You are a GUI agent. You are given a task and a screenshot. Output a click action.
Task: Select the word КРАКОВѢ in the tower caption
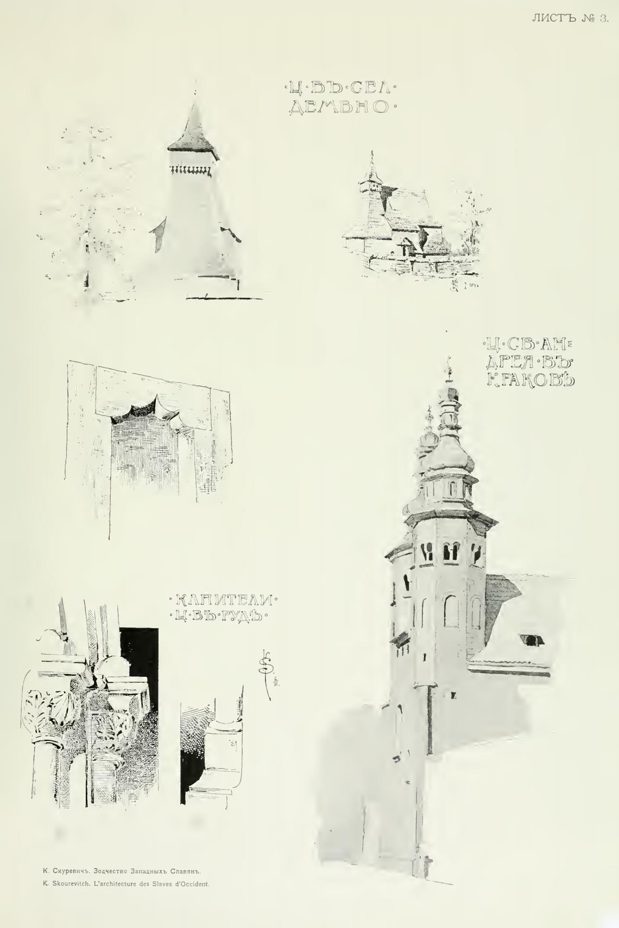pos(530,379)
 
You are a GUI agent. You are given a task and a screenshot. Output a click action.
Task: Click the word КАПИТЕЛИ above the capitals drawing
pos(223,600)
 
